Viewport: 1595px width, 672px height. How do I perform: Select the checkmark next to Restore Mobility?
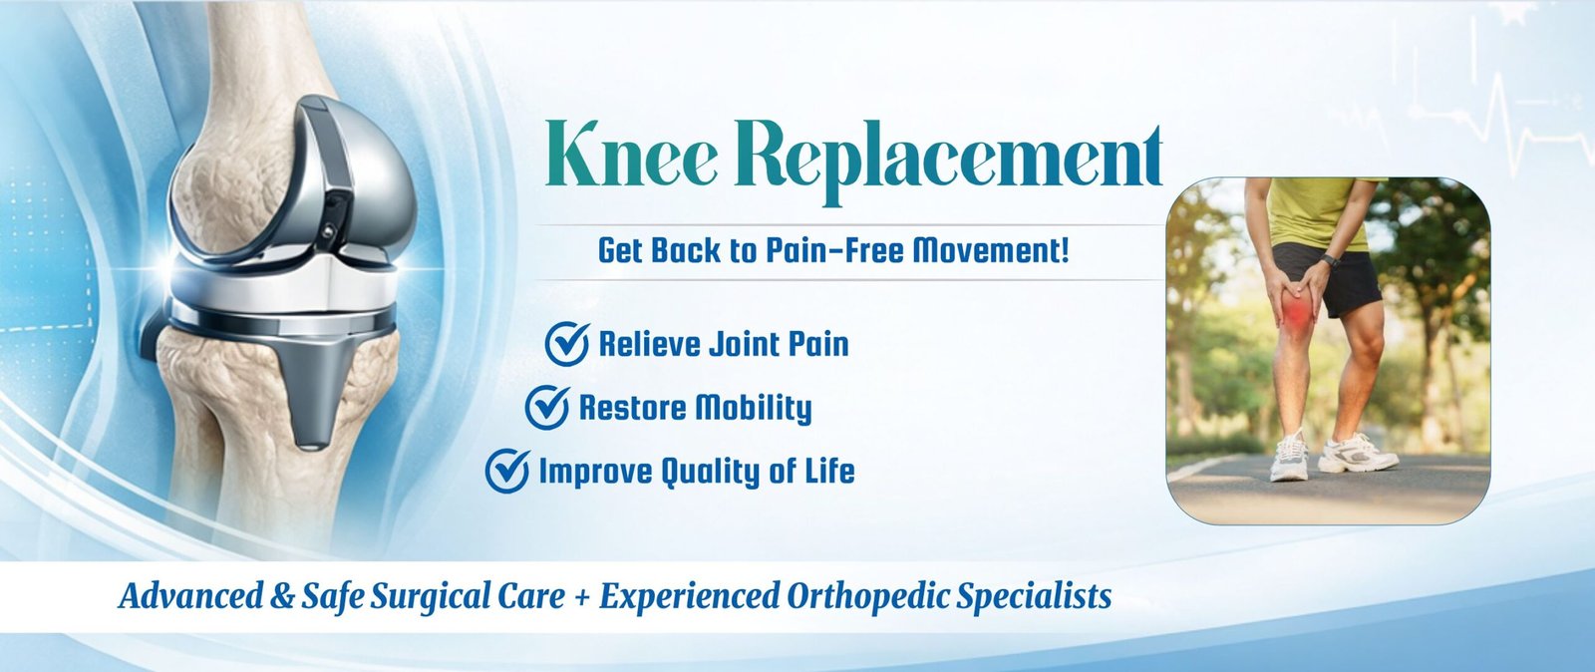point(547,407)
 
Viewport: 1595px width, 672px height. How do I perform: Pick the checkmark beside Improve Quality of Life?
point(507,471)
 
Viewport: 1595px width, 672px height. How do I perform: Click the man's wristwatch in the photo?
point(1330,260)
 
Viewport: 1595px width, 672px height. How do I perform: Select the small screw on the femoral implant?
point(327,231)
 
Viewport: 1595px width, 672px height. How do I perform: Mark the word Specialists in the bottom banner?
point(1034,597)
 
